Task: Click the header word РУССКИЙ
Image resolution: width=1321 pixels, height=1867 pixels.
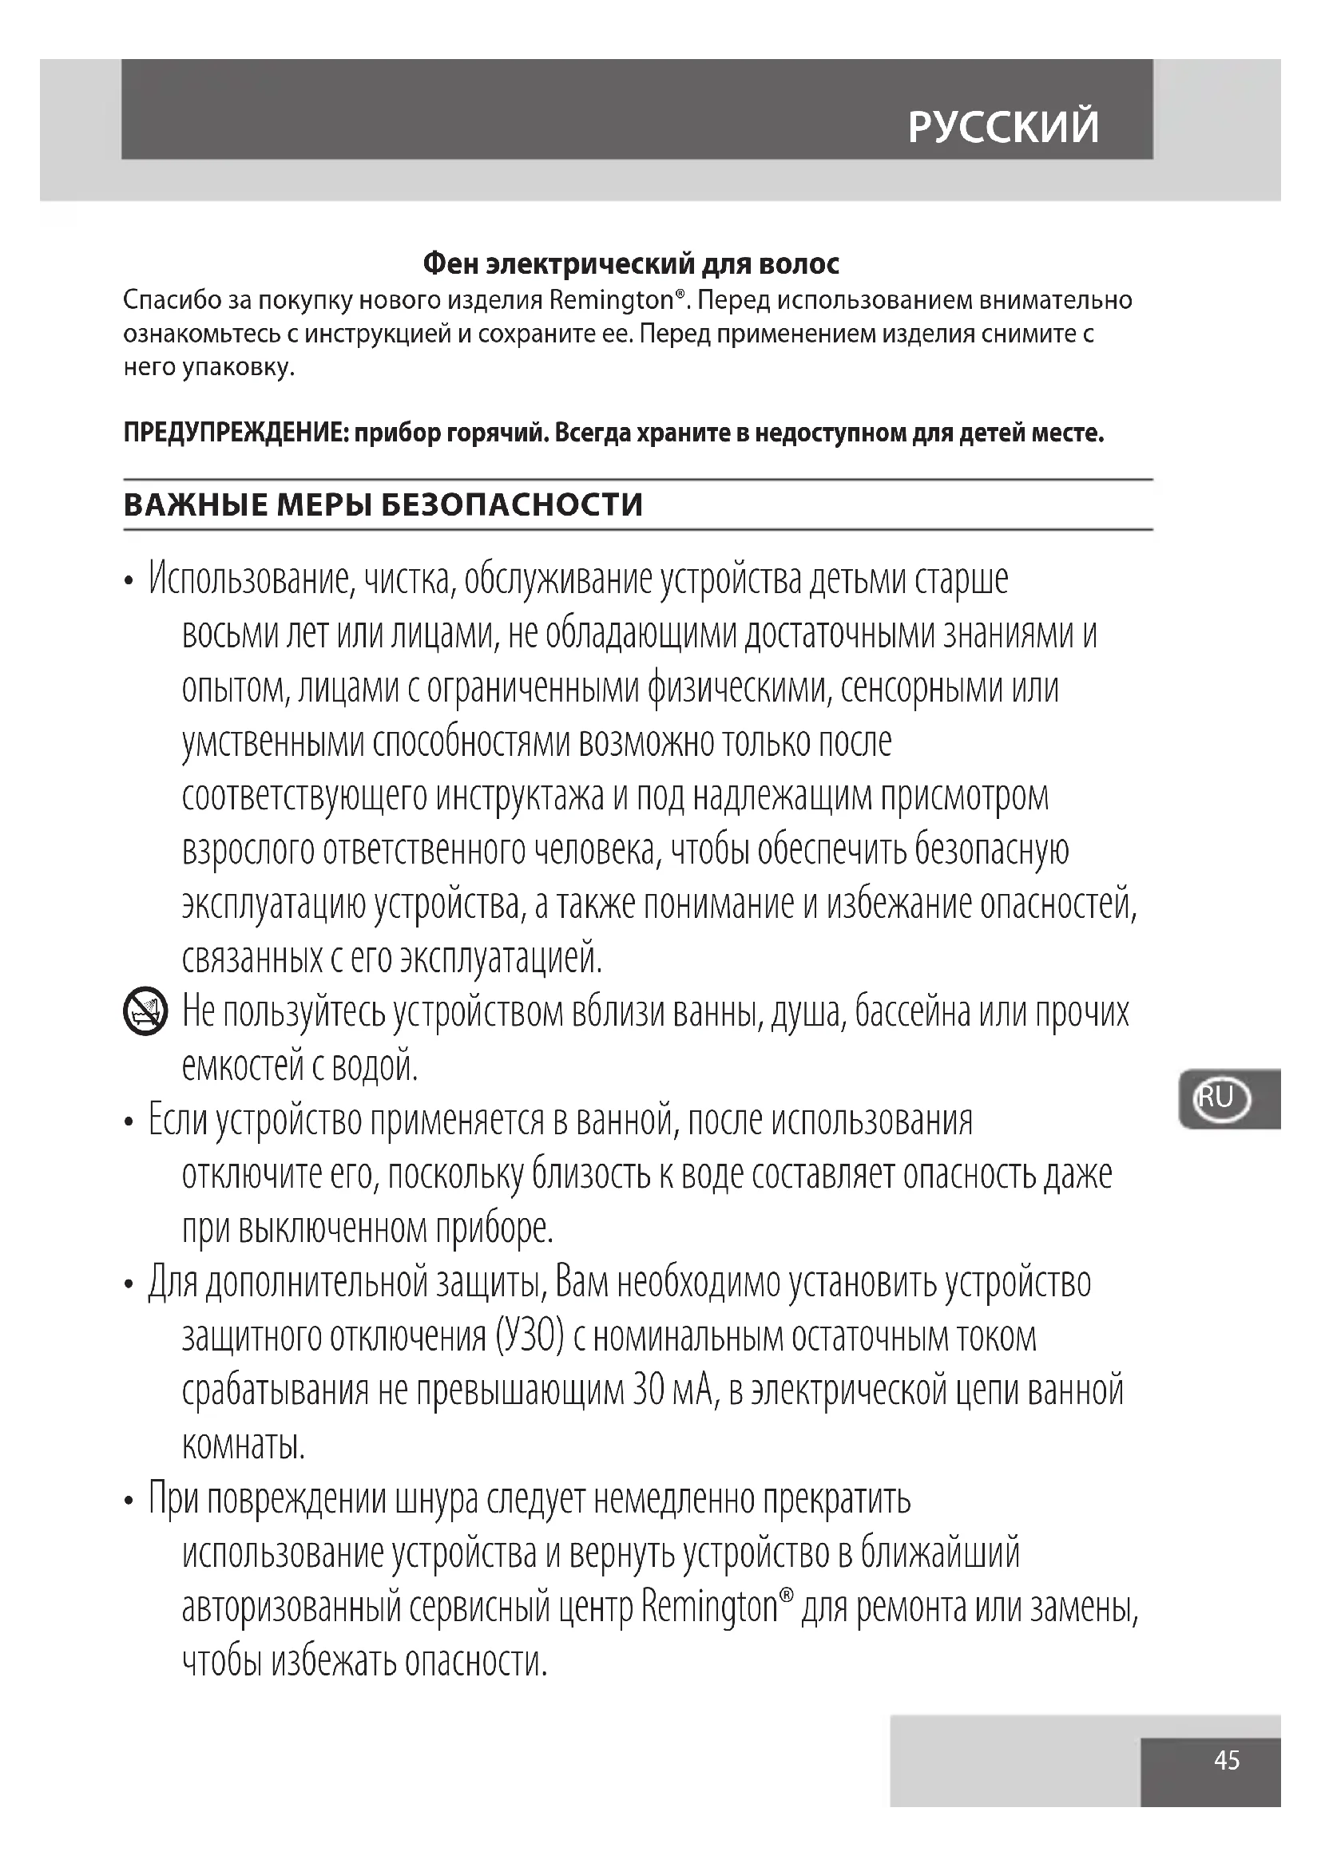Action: click(1003, 127)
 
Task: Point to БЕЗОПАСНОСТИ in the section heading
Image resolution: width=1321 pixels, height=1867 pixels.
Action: click(512, 505)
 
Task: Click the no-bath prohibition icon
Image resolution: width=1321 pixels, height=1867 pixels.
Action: click(145, 1012)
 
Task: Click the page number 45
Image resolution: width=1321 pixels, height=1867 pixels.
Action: click(1227, 1760)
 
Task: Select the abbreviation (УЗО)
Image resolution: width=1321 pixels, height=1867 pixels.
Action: click(529, 1338)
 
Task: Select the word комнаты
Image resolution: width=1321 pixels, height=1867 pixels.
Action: click(244, 1446)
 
